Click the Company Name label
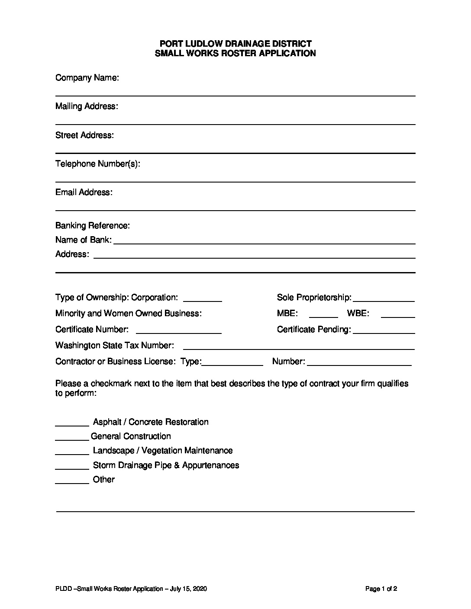pyautogui.click(x=87, y=78)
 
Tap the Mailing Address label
pyautogui.click(x=87, y=106)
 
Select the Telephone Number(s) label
pyautogui.click(x=98, y=164)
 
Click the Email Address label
pyautogui.click(x=84, y=192)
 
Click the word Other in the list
pyautogui.click(x=104, y=480)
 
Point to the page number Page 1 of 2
pyautogui.click(x=381, y=589)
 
